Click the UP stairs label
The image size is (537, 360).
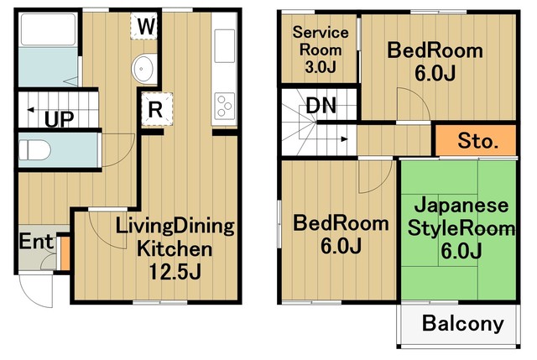[59, 118]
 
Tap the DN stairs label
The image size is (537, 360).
[321, 106]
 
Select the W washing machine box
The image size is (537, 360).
[146, 27]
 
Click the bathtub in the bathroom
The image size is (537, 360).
[47, 31]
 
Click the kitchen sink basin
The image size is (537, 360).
[225, 44]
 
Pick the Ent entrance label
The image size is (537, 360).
[36, 243]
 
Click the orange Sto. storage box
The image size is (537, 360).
[478, 140]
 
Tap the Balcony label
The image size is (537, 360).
[462, 324]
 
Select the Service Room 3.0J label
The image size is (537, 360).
[319, 49]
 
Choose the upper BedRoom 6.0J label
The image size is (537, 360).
[435, 61]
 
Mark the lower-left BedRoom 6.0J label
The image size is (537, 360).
[340, 235]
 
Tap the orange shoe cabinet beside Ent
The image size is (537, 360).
[63, 253]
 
